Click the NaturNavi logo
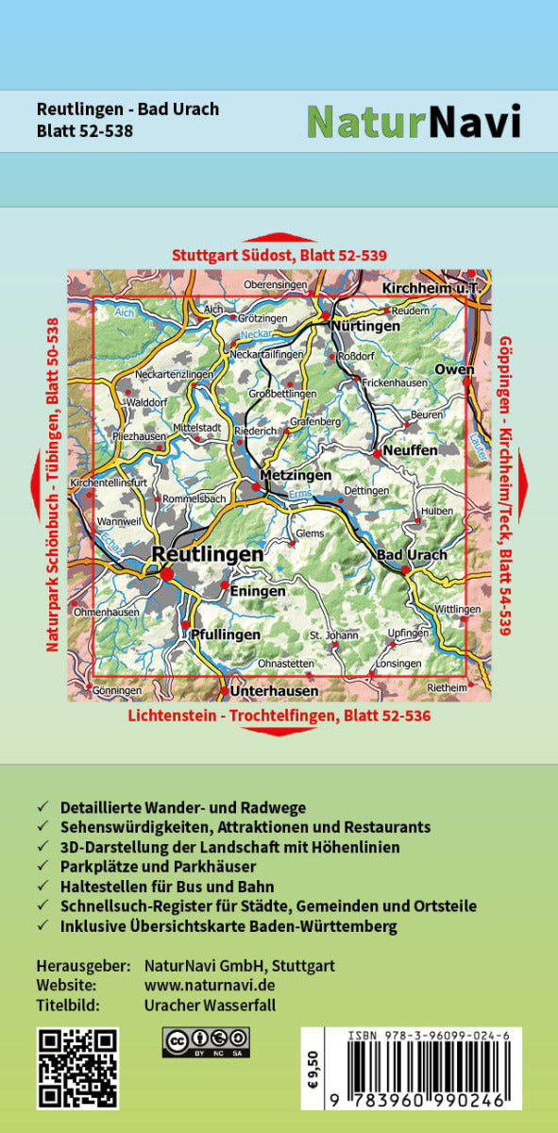click(x=414, y=121)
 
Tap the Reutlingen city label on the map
click(x=208, y=555)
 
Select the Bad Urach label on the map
click(x=412, y=554)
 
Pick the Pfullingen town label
click(x=225, y=634)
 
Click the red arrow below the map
click(x=279, y=732)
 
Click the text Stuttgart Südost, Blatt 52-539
click(x=279, y=255)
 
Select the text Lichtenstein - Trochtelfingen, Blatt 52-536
click(x=279, y=716)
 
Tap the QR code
click(x=77, y=1066)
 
